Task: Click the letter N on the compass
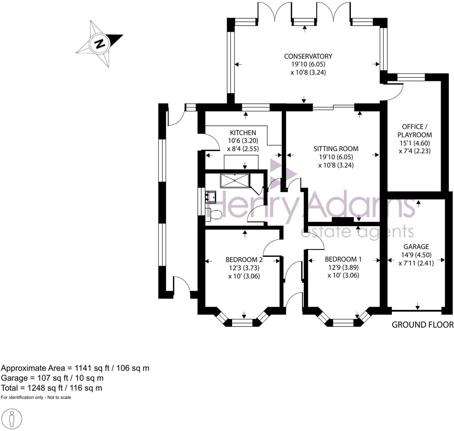click(100, 43)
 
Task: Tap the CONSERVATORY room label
click(308, 56)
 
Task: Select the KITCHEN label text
click(243, 133)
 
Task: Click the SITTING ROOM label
click(336, 149)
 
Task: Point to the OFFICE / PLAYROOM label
click(414, 131)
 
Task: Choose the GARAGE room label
click(416, 247)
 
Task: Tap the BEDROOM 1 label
click(343, 259)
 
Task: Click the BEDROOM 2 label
click(244, 259)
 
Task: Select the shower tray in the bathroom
click(235, 180)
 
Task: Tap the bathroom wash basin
click(210, 196)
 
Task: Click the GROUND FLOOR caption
click(422, 325)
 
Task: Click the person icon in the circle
click(12, 418)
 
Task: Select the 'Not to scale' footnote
click(59, 398)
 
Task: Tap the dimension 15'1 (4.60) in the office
click(414, 143)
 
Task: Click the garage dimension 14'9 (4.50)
click(416, 255)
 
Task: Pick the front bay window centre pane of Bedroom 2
click(244, 323)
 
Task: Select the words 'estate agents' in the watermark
click(357, 232)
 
